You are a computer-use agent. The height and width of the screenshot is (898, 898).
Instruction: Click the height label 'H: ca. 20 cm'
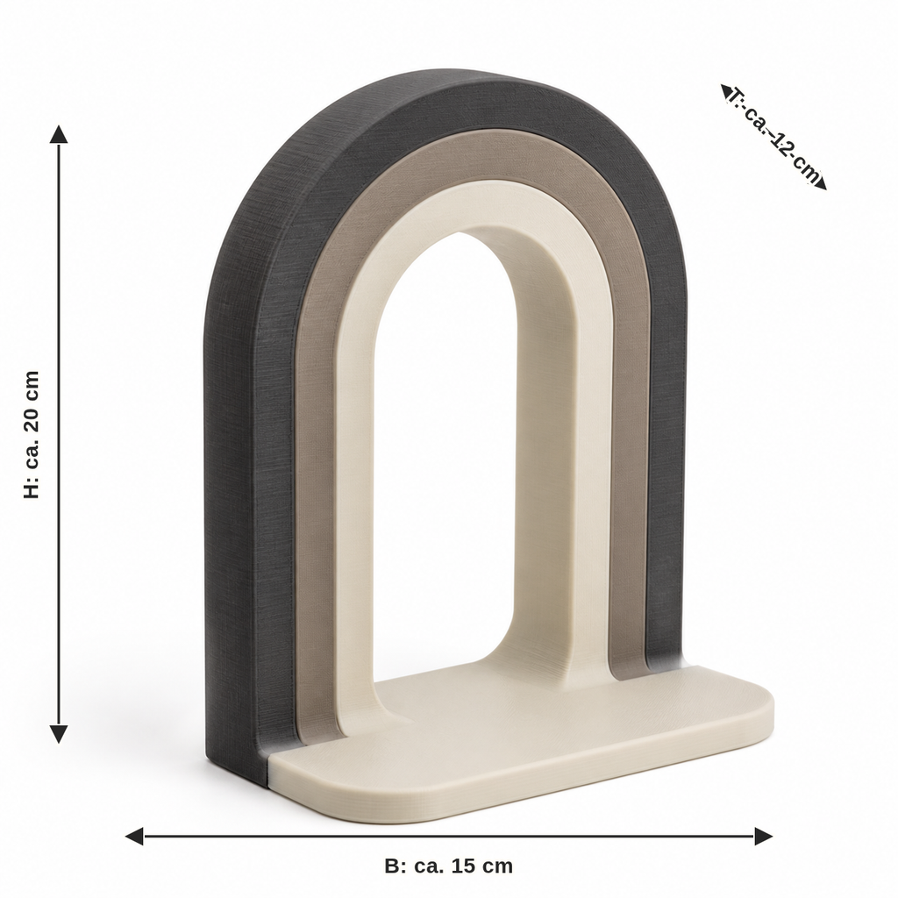(x=32, y=434)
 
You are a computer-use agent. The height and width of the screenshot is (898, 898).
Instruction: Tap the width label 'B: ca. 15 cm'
(x=448, y=866)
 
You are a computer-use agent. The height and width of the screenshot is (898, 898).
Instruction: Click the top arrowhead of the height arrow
(x=59, y=134)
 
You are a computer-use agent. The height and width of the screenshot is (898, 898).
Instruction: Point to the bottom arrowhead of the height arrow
(x=59, y=734)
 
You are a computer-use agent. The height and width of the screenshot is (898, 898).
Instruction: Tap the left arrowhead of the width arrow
(x=134, y=836)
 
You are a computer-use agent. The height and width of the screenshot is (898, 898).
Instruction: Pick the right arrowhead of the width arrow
(x=764, y=836)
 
